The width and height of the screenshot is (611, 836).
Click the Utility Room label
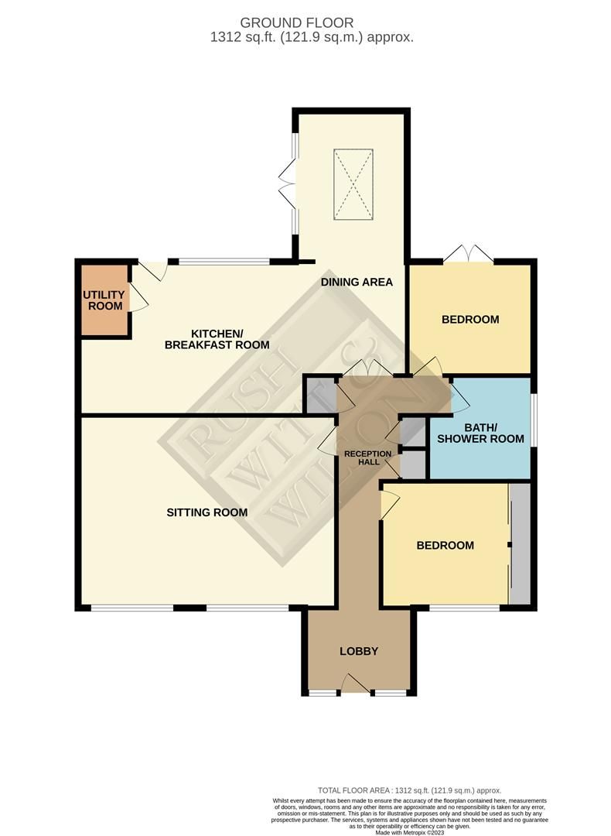[x=104, y=300]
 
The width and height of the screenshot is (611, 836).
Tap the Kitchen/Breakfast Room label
[x=217, y=339]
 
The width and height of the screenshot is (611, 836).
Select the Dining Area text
[x=357, y=282]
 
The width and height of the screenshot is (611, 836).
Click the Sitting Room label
[x=208, y=512]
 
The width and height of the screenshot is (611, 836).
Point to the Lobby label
[x=359, y=651]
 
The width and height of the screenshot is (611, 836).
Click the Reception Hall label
[x=362, y=457]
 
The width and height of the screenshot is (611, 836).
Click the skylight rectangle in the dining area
[x=352, y=183]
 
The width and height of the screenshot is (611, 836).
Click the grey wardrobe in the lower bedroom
[x=520, y=544]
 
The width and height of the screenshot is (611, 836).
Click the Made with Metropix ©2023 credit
[x=409, y=831]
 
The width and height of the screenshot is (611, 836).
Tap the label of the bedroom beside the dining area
[x=469, y=319]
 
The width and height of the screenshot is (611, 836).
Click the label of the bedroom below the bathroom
[x=445, y=545]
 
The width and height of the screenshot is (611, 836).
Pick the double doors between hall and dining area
[x=367, y=369]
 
